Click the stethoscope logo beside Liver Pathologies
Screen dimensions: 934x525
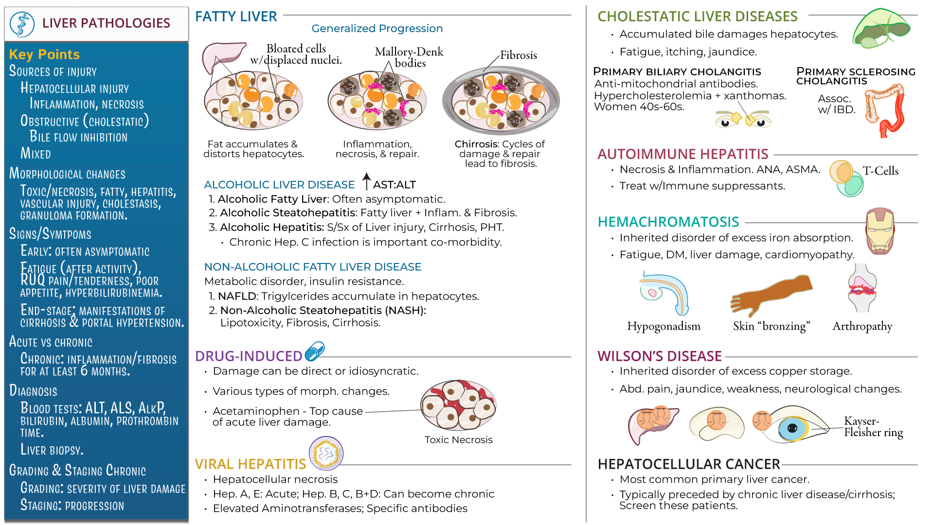(22, 24)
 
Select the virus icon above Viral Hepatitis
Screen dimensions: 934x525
(326, 453)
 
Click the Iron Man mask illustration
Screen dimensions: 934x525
(880, 231)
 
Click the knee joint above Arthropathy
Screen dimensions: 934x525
(862, 288)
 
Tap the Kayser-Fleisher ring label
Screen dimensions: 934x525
(873, 427)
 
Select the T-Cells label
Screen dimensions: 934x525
(880, 171)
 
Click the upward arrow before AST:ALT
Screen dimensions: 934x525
(367, 181)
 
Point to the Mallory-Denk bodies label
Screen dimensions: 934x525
(409, 57)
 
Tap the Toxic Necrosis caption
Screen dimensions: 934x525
(458, 440)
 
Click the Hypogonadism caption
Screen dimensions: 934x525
(664, 326)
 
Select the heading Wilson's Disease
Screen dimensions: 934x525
(659, 356)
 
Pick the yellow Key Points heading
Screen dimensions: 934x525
(44, 54)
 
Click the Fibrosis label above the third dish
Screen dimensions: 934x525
(519, 55)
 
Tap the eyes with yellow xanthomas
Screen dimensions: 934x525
(743, 119)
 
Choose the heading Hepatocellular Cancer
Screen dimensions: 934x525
(688, 464)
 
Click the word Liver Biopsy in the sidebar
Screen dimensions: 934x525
(52, 450)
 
